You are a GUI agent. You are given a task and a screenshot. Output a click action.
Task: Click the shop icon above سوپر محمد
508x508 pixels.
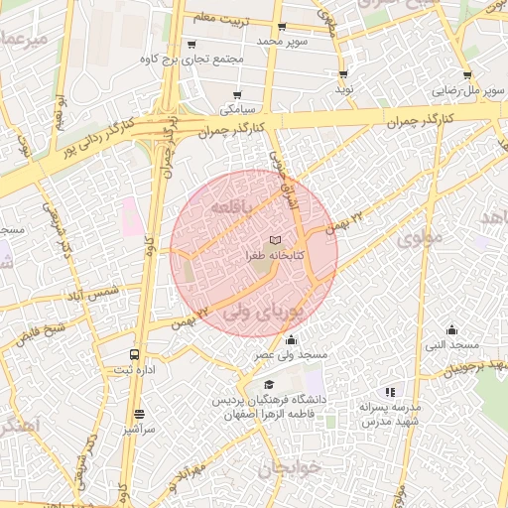(282, 27)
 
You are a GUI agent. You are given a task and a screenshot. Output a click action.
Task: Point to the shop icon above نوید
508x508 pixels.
(343, 74)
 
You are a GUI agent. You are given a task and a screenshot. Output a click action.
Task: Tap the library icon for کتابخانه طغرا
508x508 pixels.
(275, 241)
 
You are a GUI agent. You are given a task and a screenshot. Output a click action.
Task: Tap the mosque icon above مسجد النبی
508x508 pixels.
(452, 329)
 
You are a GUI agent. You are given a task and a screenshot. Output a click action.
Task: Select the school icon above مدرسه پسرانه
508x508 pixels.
(390, 393)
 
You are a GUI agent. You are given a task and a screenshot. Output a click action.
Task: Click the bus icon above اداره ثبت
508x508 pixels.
(134, 354)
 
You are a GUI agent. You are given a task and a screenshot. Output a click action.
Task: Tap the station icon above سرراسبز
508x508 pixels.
(138, 415)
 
